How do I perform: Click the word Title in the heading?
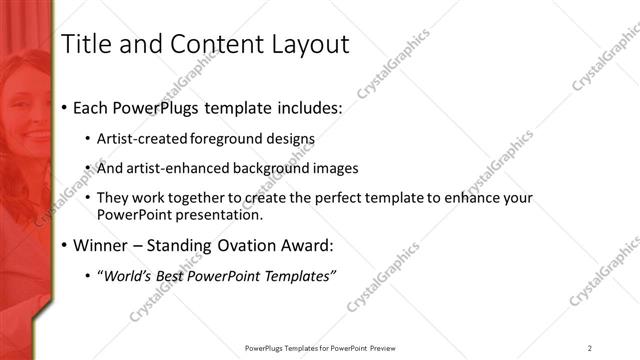pos(86,44)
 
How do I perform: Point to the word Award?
pos(301,244)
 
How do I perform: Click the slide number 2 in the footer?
pos(590,347)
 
